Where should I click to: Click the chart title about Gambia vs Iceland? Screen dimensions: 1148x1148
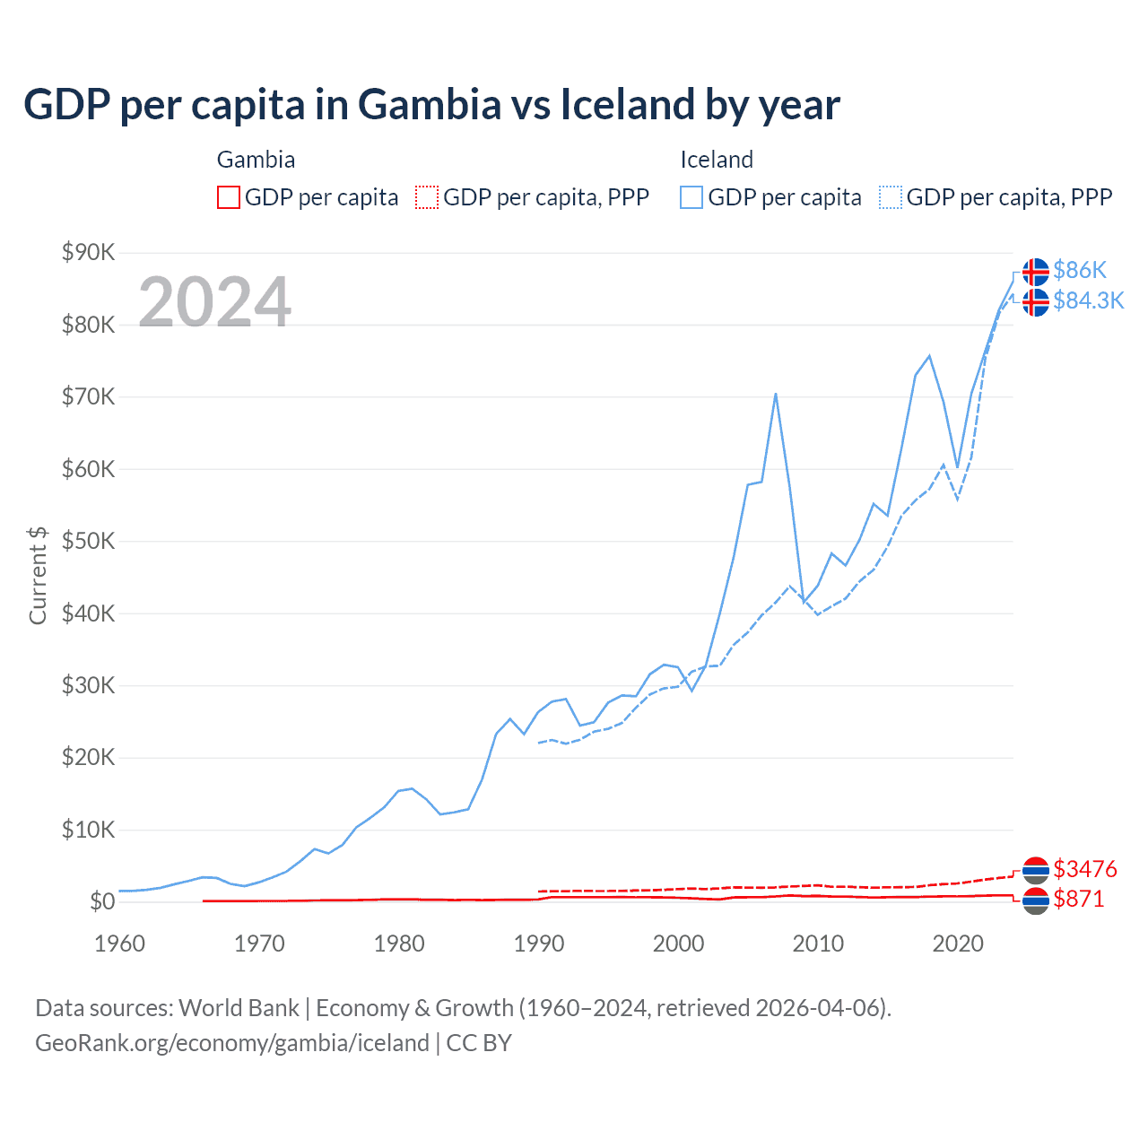(x=431, y=104)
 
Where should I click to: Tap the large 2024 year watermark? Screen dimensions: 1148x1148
(x=214, y=301)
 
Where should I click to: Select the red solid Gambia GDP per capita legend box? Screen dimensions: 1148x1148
(x=229, y=197)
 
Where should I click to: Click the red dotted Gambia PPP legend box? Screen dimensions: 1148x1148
(x=427, y=197)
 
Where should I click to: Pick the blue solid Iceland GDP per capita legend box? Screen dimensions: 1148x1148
(x=691, y=197)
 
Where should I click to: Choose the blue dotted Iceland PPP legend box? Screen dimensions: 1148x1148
(x=891, y=197)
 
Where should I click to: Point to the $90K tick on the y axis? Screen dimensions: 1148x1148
(x=88, y=252)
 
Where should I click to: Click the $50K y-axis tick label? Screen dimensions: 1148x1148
(x=88, y=541)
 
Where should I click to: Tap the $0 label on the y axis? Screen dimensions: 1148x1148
(x=102, y=901)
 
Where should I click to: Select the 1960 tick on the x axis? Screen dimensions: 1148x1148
(x=119, y=944)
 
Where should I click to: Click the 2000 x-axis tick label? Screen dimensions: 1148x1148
(x=678, y=944)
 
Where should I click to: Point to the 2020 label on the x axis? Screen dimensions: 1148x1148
(x=958, y=944)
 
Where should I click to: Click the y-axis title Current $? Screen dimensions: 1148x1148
(x=38, y=575)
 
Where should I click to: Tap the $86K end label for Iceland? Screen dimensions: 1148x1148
(x=1080, y=270)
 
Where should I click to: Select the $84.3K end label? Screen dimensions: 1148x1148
(x=1088, y=300)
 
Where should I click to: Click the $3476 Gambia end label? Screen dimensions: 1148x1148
(x=1084, y=869)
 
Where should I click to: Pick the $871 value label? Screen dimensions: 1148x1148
(x=1078, y=899)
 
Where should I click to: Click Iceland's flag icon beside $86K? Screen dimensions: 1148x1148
(x=1036, y=271)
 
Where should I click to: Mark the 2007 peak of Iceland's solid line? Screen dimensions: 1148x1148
(x=775, y=394)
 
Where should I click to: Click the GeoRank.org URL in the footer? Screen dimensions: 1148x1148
(x=232, y=1043)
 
